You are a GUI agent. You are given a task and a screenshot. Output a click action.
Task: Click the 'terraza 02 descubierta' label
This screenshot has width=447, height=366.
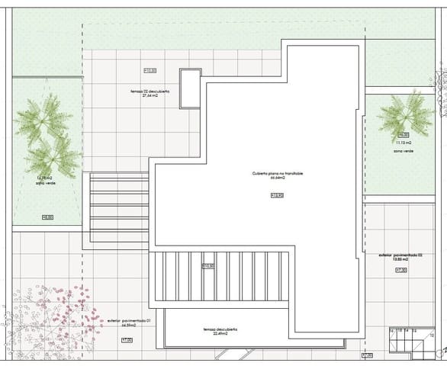tap(150, 90)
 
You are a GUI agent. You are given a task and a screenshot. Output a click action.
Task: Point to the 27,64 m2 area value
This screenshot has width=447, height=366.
tap(150, 96)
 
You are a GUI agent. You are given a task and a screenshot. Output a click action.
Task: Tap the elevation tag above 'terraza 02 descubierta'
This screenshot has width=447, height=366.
tap(150, 71)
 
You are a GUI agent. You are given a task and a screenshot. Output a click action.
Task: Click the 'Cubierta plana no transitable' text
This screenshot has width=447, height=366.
tap(278, 174)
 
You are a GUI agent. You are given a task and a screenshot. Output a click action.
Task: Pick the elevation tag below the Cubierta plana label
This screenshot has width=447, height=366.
tap(277, 195)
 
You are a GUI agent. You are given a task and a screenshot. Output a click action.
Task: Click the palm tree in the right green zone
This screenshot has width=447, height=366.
tap(404, 114)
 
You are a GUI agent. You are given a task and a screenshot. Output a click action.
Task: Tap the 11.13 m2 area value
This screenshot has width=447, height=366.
tap(404, 143)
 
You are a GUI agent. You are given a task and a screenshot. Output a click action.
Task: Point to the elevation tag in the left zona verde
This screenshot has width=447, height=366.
tap(47, 217)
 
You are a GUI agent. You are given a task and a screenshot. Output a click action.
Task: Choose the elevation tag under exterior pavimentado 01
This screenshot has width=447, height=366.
tap(127, 340)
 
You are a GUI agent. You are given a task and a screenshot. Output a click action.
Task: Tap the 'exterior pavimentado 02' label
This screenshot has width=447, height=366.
tap(400, 254)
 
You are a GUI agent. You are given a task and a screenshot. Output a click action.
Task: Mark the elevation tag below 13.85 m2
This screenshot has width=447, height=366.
tap(400, 270)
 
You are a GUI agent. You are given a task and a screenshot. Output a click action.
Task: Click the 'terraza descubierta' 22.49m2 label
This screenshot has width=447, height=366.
tap(220, 329)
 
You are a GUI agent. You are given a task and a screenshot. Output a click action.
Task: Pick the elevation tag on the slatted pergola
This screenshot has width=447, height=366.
tap(207, 265)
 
